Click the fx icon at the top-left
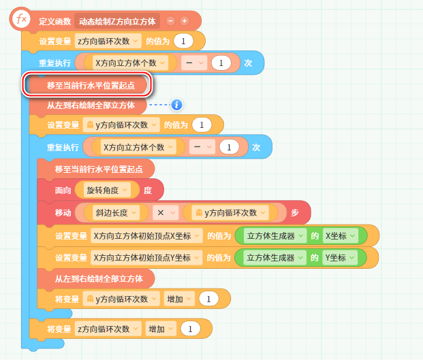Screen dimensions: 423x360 pyautogui.click(x=20, y=19)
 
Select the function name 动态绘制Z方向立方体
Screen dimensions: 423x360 pyautogui.click(x=117, y=21)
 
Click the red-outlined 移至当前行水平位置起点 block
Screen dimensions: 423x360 pyautogui.click(x=87, y=85)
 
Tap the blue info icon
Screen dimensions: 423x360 pyautogui.click(x=176, y=105)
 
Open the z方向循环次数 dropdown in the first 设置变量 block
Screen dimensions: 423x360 pyautogui.click(x=108, y=41)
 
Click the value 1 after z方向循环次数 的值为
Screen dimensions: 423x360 pyautogui.click(x=183, y=41)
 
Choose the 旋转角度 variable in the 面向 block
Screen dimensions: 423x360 pyautogui.click(x=108, y=191)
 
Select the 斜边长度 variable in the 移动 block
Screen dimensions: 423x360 pyautogui.click(x=115, y=212)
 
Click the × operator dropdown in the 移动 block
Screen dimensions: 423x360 pyautogui.click(x=166, y=212)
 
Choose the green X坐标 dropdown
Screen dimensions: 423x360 pyautogui.click(x=345, y=236)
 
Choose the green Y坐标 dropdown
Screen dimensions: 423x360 pyautogui.click(x=345, y=258)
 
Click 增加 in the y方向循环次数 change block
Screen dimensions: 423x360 pyautogui.click(x=179, y=299)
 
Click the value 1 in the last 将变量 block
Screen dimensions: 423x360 pyautogui.click(x=189, y=329)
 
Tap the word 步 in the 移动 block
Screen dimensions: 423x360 pyautogui.click(x=295, y=212)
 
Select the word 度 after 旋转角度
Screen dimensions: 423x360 pyautogui.click(x=147, y=191)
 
